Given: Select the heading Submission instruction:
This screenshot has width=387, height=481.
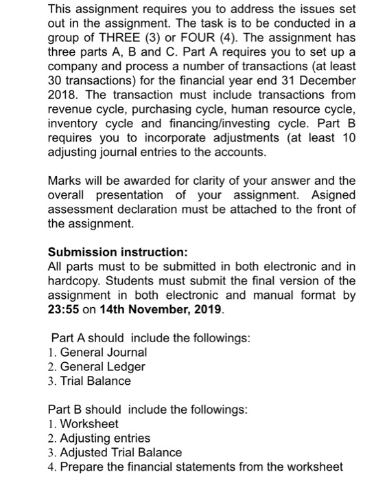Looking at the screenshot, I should [x=113, y=252].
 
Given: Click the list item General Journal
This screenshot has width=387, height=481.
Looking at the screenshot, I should [x=103, y=352].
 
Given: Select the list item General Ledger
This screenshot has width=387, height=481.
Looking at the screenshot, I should [x=102, y=366].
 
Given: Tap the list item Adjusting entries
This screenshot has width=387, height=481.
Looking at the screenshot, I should [x=104, y=438].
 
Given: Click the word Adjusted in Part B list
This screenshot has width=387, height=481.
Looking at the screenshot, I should [x=84, y=452].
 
